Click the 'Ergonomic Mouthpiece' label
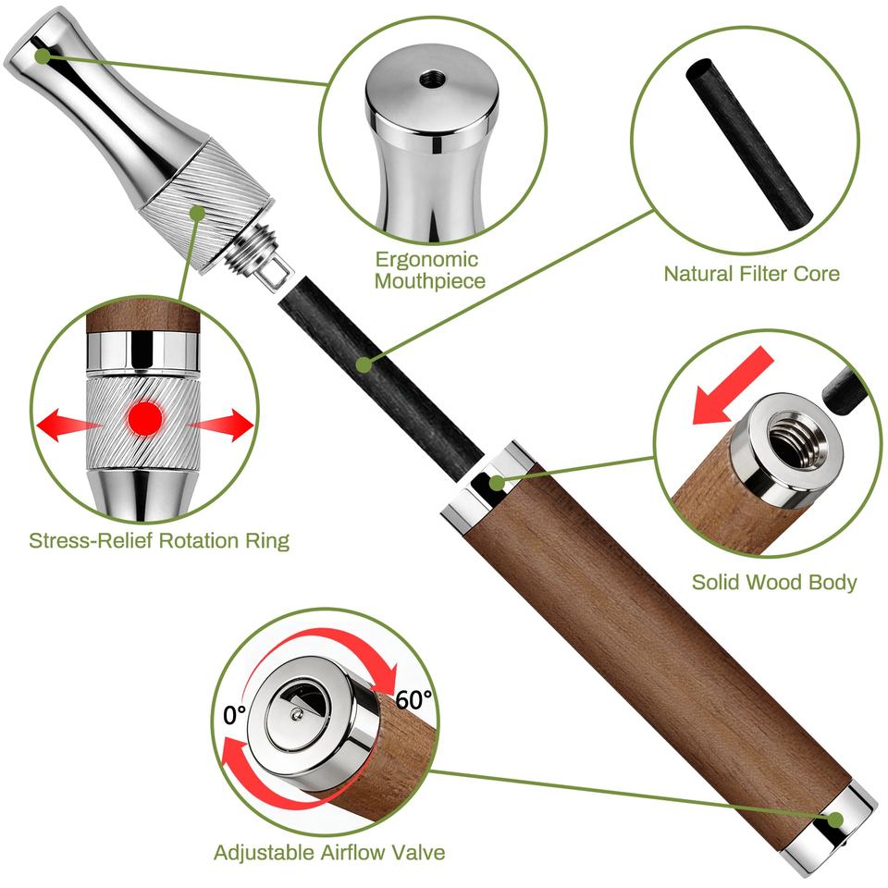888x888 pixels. pyautogui.click(x=430, y=270)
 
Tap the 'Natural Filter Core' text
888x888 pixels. pyautogui.click(x=751, y=274)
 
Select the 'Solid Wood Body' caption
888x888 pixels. pyautogui.click(x=774, y=582)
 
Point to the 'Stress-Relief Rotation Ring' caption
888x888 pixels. pyautogui.click(x=159, y=540)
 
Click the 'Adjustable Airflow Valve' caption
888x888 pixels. pyautogui.click(x=329, y=852)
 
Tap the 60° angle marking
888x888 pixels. pyautogui.click(x=413, y=700)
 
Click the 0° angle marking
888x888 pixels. pyautogui.click(x=234, y=715)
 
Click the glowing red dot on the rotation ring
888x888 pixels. pyautogui.click(x=145, y=418)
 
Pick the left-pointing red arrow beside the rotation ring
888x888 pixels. pyautogui.click(x=64, y=425)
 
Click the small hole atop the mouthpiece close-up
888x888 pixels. pyautogui.click(x=431, y=78)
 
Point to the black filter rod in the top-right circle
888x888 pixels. pyautogui.click(x=749, y=144)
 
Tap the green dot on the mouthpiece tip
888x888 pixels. pyautogui.click(x=43, y=55)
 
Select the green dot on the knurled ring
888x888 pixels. pyautogui.click(x=197, y=213)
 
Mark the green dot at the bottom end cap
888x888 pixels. pyautogui.click(x=835, y=820)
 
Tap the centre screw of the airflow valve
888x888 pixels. pyautogui.click(x=294, y=715)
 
